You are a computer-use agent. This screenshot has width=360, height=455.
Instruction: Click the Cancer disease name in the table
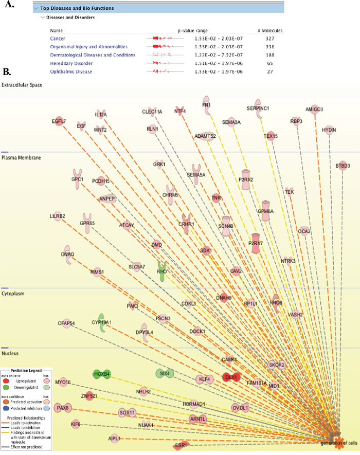pyautogui.click(x=58, y=39)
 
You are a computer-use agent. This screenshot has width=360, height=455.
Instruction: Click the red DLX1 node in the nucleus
pyautogui.click(x=230, y=377)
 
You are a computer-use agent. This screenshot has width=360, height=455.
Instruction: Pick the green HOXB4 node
pyautogui.click(x=102, y=374)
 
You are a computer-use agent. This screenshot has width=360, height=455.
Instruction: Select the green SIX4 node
pyautogui.click(x=165, y=373)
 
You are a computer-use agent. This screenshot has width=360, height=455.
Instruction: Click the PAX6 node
pyautogui.click(x=63, y=408)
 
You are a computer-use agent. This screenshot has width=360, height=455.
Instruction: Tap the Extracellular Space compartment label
pyautogui.click(x=22, y=84)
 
